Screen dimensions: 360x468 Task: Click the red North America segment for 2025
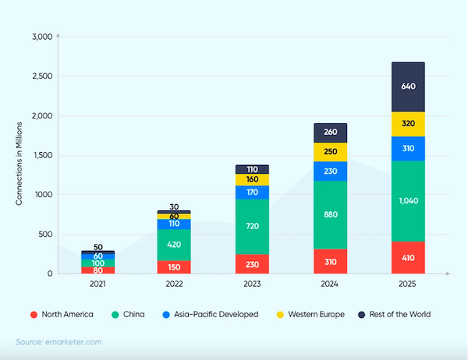[408, 257]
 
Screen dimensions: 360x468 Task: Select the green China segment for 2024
[331, 214]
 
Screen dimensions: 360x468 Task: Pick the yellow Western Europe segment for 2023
[252, 179]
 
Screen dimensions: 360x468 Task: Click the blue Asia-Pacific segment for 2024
[331, 171]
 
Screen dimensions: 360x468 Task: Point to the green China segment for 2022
[175, 244]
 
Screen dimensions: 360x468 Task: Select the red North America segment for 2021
[97, 270]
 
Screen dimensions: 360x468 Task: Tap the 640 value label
[408, 87]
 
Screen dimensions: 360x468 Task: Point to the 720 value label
[252, 226]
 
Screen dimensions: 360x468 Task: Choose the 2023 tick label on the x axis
[252, 286]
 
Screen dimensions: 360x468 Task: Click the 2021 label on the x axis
[97, 286]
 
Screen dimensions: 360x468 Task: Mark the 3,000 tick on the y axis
[41, 37]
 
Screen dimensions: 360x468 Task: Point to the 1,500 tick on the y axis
[41, 155]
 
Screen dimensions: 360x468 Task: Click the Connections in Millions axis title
[19, 155]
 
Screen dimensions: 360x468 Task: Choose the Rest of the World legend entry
[393, 314]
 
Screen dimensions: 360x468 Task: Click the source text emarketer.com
[58, 342]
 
